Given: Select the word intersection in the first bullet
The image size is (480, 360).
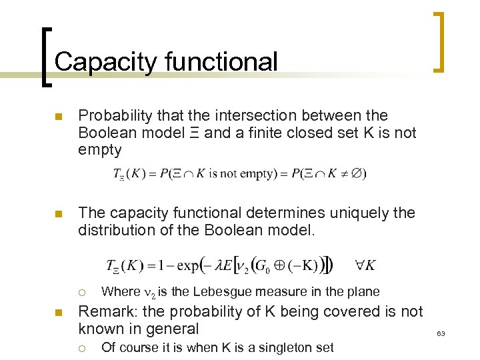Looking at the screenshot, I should (x=237, y=116).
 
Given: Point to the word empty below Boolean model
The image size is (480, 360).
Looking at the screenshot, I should (x=100, y=149).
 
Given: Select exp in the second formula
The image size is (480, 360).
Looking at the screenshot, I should (x=193, y=266).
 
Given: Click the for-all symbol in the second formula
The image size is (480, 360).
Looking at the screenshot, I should (x=359, y=265).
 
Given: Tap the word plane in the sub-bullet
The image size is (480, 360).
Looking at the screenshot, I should (x=363, y=291).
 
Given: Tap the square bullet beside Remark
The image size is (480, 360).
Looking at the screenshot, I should (x=58, y=313).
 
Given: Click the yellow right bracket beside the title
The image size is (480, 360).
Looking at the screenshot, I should (x=439, y=41).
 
